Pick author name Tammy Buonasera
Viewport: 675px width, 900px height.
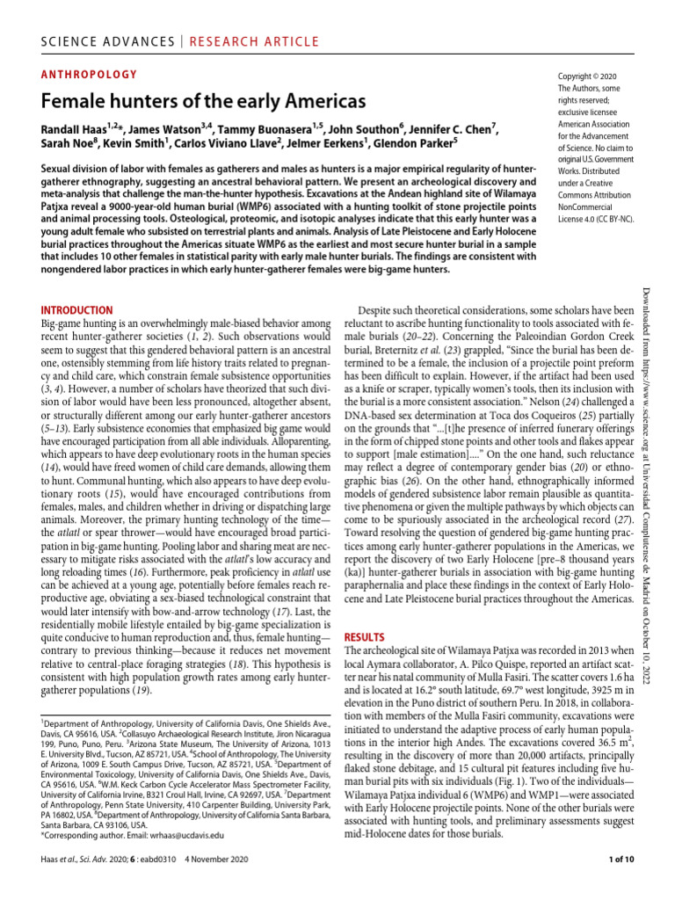(270, 130)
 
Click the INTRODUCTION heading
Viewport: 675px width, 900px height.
(77, 310)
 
